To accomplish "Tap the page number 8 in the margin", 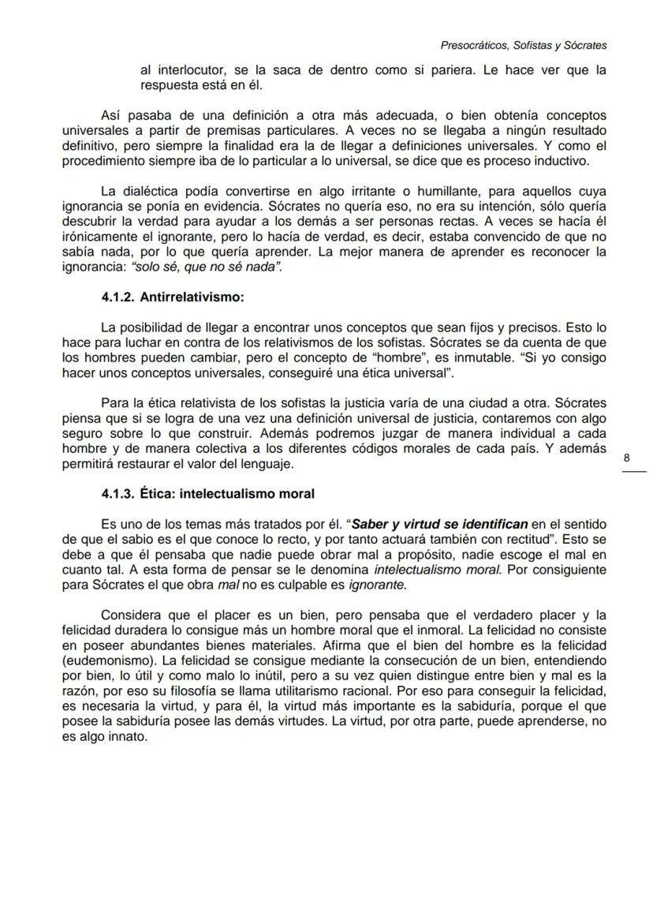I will (626, 458).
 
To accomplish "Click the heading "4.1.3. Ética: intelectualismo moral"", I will (207, 494).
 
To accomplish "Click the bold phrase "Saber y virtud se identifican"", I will (439, 523).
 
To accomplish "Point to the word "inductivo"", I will (558, 161).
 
